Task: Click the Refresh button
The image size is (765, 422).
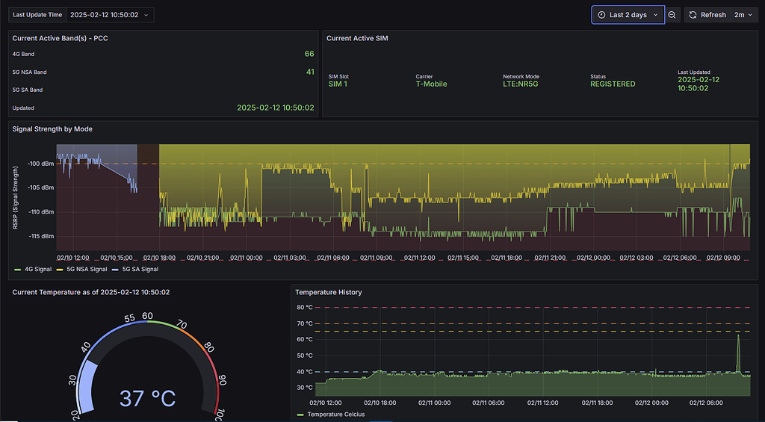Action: click(706, 15)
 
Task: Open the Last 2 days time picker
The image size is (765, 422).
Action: click(628, 15)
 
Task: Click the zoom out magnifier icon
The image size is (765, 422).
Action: click(672, 15)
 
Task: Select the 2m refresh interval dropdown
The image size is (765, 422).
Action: click(743, 15)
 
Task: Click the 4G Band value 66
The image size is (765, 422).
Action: click(309, 54)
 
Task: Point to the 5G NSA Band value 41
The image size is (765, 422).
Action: click(309, 72)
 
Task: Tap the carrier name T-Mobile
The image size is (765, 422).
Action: click(431, 84)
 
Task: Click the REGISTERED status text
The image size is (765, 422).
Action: click(613, 84)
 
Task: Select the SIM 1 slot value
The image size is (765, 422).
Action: click(338, 84)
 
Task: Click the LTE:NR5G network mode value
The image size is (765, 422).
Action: click(524, 84)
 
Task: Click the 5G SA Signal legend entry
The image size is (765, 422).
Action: click(140, 269)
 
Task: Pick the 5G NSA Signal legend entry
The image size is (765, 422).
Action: click(87, 269)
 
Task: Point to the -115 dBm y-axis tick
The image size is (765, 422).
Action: click(41, 236)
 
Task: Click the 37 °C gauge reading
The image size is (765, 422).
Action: click(147, 398)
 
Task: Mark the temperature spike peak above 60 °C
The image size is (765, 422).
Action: click(738, 335)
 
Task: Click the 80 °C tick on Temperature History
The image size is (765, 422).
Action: click(305, 307)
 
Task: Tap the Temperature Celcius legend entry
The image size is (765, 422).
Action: click(335, 414)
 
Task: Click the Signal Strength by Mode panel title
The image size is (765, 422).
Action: click(52, 129)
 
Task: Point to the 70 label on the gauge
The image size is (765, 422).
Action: click(180, 325)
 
